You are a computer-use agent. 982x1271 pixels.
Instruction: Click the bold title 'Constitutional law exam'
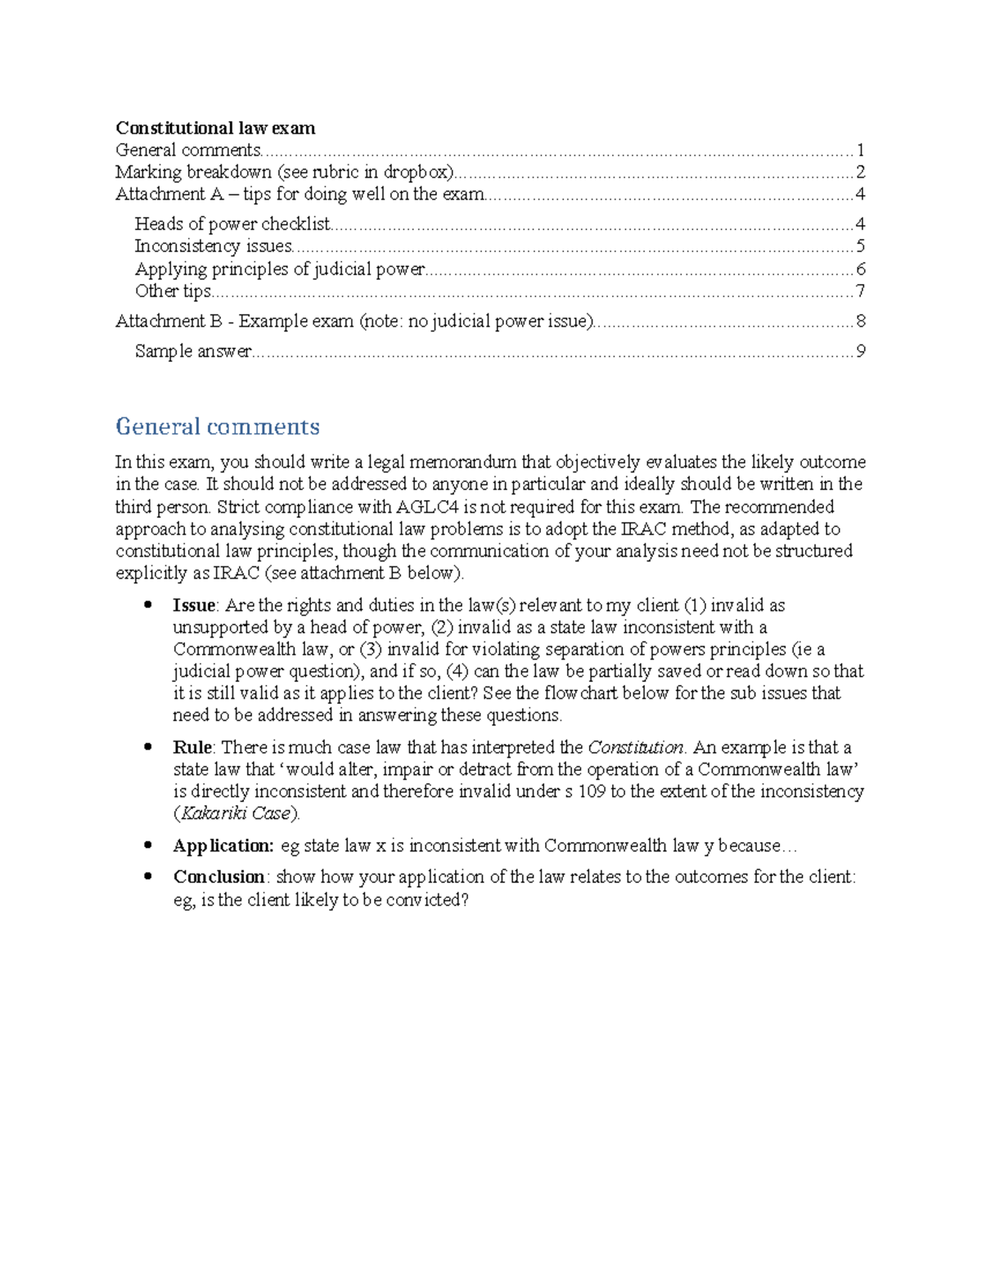click(x=215, y=128)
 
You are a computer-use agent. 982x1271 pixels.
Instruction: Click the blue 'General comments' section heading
click(x=217, y=426)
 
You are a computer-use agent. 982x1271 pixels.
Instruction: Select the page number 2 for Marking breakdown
click(x=860, y=172)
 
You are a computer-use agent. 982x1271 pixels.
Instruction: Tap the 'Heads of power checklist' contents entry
click(x=232, y=224)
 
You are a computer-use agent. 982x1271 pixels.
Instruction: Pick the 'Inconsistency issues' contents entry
click(x=214, y=246)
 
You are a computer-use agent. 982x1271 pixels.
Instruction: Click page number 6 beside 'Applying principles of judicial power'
click(x=860, y=269)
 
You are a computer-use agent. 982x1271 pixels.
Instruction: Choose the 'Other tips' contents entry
click(x=173, y=291)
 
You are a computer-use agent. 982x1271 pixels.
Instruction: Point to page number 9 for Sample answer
click(x=860, y=351)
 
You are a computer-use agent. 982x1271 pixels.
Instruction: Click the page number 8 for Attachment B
click(x=860, y=321)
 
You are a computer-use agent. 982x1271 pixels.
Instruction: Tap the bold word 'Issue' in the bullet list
click(x=194, y=606)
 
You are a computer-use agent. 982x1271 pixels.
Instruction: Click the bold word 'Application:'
click(x=223, y=845)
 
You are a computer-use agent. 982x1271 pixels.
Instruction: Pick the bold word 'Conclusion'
click(x=218, y=877)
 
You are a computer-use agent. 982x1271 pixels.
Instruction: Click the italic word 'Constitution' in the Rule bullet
click(x=636, y=747)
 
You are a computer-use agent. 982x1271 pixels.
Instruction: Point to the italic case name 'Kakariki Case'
click(x=236, y=814)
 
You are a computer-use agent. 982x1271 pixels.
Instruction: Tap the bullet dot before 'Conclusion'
click(x=148, y=876)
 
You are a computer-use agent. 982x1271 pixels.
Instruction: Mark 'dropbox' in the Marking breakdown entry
click(x=418, y=172)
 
